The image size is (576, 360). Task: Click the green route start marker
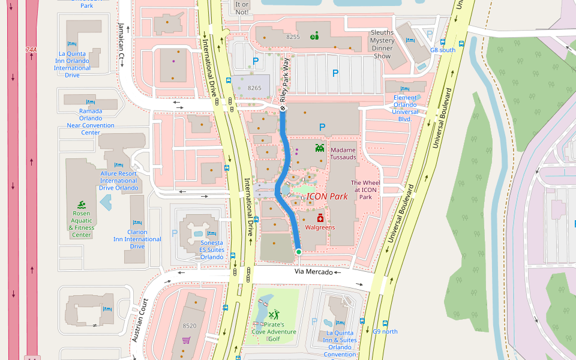298,252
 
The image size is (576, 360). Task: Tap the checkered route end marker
283,109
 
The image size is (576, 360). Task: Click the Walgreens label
320,227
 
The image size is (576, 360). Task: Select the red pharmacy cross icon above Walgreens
320,218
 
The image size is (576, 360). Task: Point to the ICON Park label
327,196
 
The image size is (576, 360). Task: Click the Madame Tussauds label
343,154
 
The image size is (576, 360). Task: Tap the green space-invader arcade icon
320,147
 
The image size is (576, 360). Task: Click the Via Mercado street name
313,272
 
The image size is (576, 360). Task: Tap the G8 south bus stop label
443,50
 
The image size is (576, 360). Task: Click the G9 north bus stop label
385,331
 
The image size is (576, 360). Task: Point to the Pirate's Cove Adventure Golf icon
274,314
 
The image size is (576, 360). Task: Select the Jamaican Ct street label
121,41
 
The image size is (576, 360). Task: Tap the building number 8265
254,88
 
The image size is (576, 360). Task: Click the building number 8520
189,326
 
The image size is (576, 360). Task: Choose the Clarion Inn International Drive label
137,239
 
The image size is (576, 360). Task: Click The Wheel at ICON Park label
365,190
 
